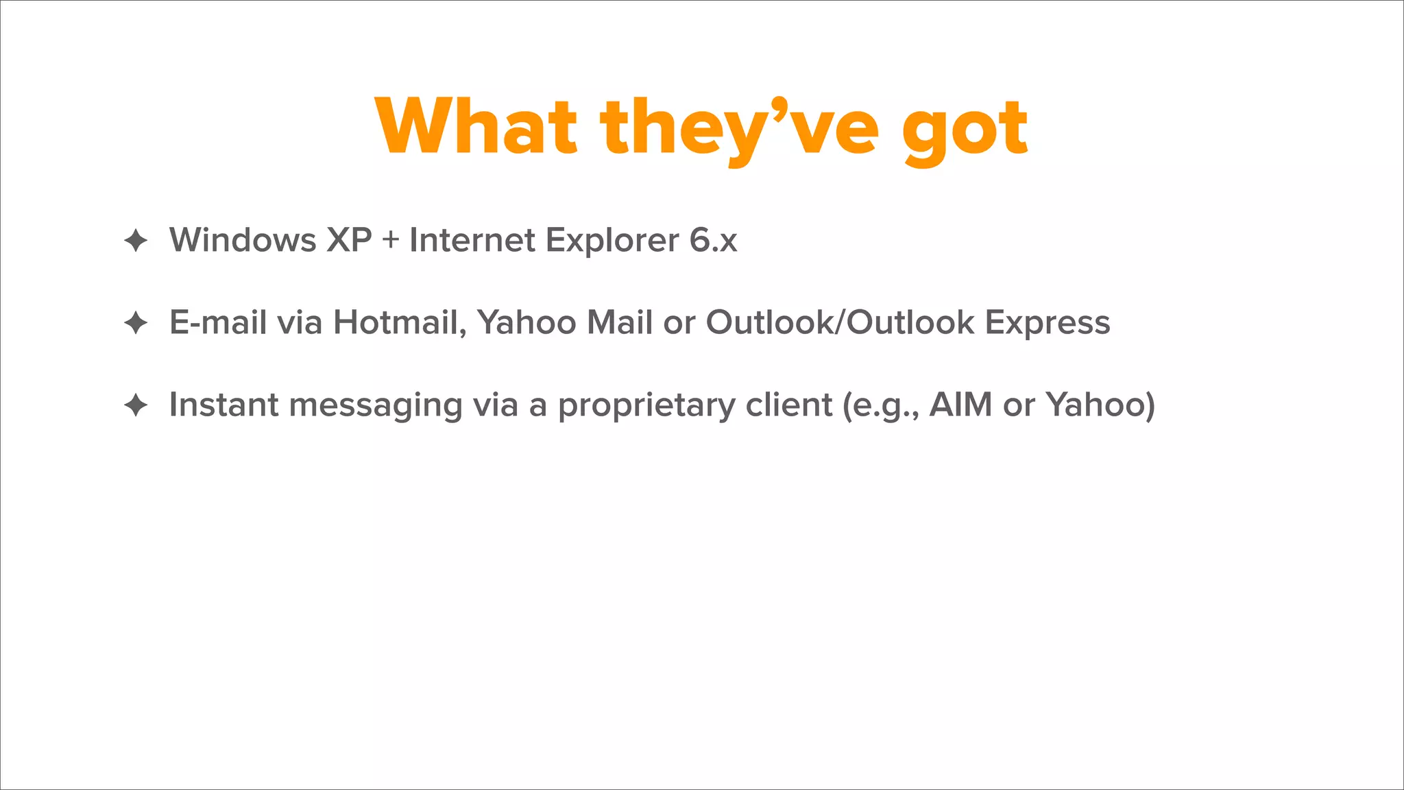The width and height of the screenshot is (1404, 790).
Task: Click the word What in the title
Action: pos(476,128)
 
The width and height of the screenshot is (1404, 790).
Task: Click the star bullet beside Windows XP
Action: pos(136,240)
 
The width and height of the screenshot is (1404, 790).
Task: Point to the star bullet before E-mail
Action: pos(136,322)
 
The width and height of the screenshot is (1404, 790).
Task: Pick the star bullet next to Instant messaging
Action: pos(136,405)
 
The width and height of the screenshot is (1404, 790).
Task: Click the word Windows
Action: pos(243,240)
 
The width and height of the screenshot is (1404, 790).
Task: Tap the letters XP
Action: pos(349,240)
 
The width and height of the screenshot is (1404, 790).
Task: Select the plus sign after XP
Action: pos(391,241)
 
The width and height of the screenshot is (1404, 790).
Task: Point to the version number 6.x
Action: pos(713,240)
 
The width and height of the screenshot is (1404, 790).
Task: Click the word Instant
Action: pos(223,405)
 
